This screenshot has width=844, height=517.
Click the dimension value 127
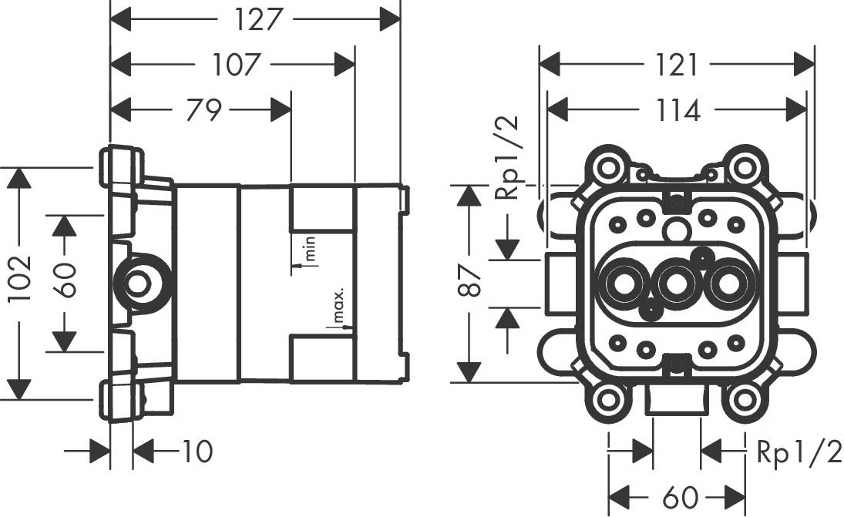tap(256, 20)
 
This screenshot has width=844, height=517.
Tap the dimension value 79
tap(204, 110)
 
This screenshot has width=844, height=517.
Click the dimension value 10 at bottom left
tap(197, 451)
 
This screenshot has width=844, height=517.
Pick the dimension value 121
tap(678, 65)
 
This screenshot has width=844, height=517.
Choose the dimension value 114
tap(678, 110)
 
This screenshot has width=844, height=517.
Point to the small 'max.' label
tap(338, 306)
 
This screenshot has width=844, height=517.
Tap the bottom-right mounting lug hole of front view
tap(743, 400)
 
